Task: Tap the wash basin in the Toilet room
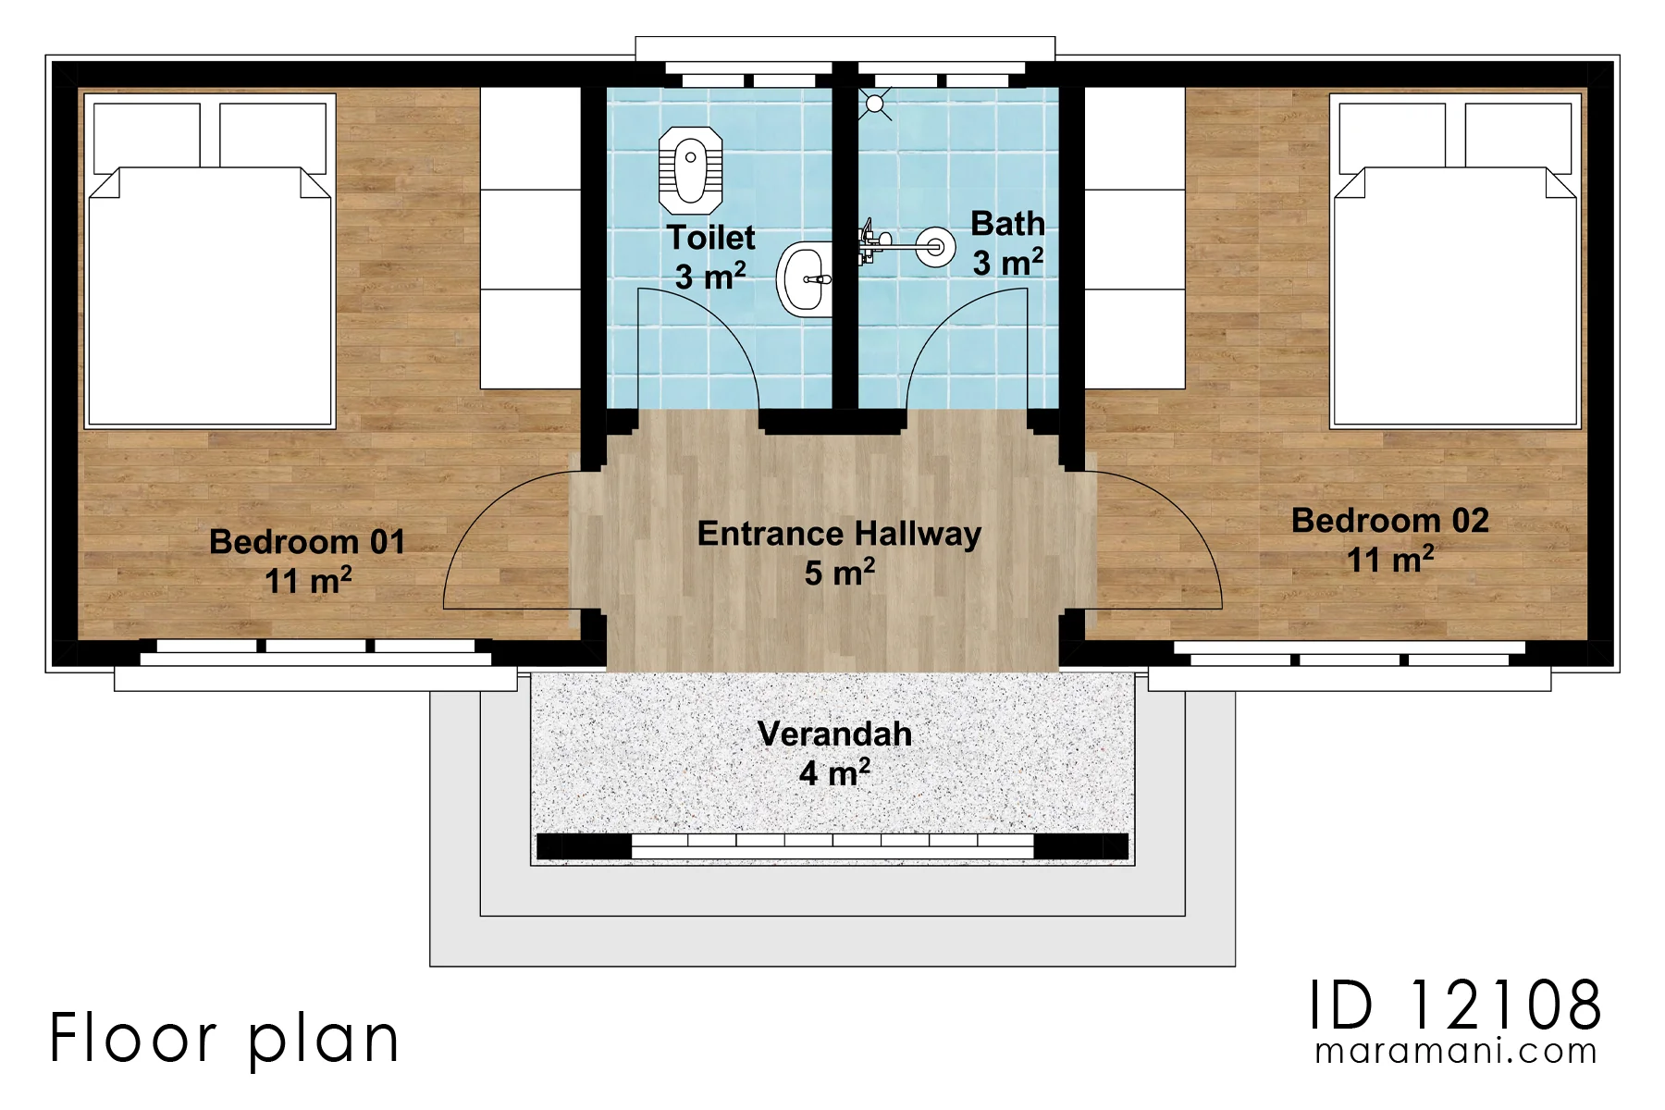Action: [x=805, y=278]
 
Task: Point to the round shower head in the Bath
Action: [x=936, y=247]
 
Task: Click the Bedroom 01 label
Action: [x=308, y=561]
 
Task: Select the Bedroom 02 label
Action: [x=1390, y=539]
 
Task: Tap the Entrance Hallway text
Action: [x=839, y=552]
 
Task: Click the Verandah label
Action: [x=835, y=752]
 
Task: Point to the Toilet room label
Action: [x=710, y=256]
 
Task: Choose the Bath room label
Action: [x=1007, y=242]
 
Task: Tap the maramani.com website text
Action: [x=1456, y=1052]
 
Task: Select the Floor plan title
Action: [x=225, y=1038]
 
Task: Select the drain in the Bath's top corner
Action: [x=874, y=105]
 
